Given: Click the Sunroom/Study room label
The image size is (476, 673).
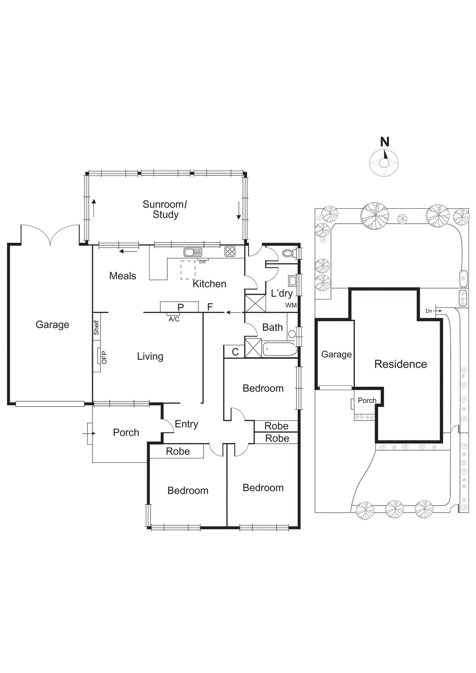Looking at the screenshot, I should coord(165,209).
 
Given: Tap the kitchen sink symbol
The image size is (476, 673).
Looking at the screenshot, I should coord(193,252).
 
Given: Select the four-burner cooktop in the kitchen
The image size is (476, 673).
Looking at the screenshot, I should coord(230,252).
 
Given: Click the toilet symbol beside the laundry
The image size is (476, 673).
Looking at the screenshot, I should coord(289,253).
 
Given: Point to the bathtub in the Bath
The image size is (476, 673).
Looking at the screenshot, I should coord(279,349).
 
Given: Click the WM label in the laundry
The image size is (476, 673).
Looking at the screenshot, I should coord(291,305).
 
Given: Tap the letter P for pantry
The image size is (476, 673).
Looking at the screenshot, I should coord(180,307).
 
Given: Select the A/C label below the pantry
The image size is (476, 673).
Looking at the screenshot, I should coord(174,319).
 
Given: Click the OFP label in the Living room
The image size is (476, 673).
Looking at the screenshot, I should coord(104,358).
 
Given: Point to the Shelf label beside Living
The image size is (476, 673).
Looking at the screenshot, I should coord(96,328).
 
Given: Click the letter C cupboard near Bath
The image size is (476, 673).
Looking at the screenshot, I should coord(235,352).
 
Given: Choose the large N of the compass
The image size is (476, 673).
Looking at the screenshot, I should coord(385,142).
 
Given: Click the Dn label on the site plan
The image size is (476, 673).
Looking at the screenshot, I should coord(428,311).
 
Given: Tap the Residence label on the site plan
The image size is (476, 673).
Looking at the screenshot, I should coord(400,364).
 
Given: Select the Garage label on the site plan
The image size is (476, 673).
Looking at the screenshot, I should coord(336,355).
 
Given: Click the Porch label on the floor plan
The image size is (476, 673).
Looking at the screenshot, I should coord(126,432).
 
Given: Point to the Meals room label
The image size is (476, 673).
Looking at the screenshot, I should coord(122,276).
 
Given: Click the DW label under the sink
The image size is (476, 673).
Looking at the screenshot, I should coord(202,262).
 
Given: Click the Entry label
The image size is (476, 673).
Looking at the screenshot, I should coord(186,424).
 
